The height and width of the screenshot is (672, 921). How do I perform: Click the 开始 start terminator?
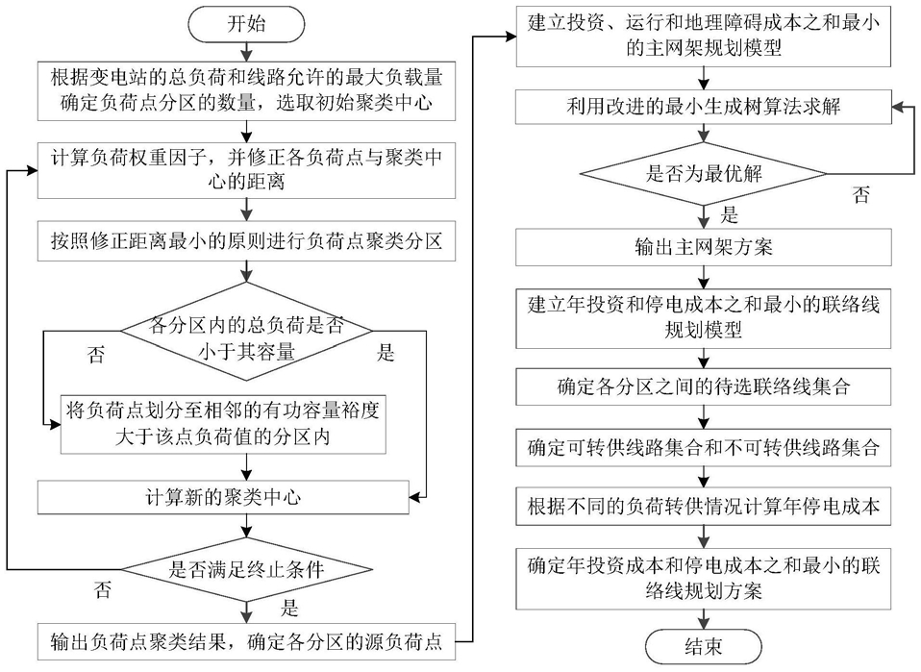point(246,24)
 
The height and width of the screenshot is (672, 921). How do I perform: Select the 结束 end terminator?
point(703,647)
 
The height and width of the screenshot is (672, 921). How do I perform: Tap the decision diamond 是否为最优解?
point(703,174)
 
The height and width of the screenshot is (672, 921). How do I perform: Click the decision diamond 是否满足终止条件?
point(246,569)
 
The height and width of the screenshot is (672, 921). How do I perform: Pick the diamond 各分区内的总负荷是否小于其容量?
point(246,332)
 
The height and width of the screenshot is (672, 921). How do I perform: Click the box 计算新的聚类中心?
point(223,498)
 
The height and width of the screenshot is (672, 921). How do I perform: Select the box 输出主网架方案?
point(703,247)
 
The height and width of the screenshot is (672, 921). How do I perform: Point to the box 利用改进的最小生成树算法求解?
point(703,107)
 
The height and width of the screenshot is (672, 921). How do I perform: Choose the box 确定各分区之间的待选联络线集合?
point(703,387)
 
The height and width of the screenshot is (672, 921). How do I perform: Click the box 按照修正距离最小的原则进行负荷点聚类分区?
point(246,241)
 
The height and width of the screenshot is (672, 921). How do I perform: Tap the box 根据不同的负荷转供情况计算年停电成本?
point(703,507)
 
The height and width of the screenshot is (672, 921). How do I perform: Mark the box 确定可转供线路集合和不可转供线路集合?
point(703,448)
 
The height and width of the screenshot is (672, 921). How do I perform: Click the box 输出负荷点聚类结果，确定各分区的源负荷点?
point(246,642)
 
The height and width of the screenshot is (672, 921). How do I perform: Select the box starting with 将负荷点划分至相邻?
point(223,424)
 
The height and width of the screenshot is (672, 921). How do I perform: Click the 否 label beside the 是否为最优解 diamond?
point(861,194)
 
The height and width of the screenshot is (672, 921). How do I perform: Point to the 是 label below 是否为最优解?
point(729,214)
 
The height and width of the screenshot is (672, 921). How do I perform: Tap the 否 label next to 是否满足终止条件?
point(103,589)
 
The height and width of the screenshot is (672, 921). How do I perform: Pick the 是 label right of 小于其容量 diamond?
point(386,353)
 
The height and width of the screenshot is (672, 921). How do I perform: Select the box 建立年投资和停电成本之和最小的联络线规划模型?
point(703,318)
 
